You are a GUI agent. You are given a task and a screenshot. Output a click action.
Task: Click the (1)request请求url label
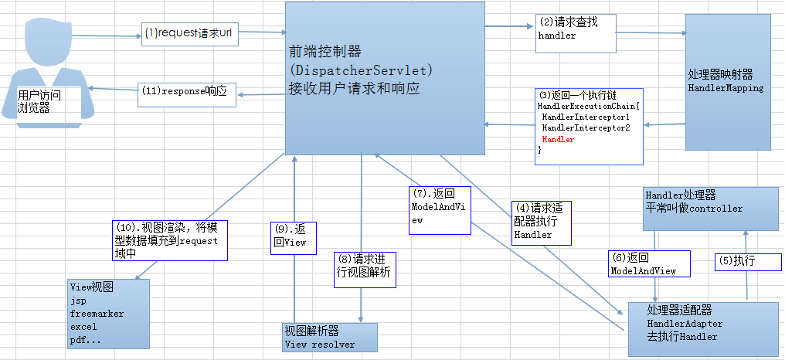point(188,35)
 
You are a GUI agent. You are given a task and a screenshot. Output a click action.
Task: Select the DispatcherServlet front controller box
point(384,77)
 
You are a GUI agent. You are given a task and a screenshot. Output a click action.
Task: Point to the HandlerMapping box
point(727,81)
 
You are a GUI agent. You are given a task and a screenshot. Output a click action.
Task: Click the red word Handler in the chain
point(558,140)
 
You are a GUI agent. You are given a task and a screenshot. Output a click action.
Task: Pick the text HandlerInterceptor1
point(585,115)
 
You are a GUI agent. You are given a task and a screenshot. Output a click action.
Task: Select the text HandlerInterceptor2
point(585,127)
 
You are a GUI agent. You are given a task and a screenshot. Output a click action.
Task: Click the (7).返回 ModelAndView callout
point(440,209)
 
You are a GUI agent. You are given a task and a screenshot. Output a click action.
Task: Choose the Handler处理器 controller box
point(711,202)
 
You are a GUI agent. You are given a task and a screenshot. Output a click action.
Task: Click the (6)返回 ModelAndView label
point(643,264)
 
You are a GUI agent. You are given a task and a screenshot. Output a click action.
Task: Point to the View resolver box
point(330,338)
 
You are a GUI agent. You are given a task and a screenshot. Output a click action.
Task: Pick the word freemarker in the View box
point(97,314)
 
